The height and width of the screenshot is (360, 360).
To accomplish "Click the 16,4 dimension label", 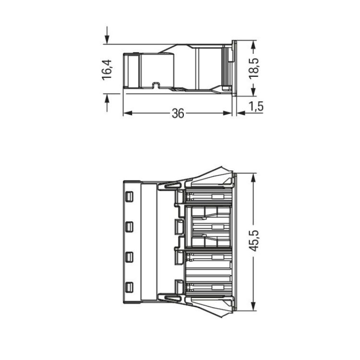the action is click(x=107, y=70).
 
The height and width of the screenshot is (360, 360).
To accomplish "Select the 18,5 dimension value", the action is click(x=254, y=69).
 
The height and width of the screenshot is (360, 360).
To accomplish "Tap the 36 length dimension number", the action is click(x=178, y=113).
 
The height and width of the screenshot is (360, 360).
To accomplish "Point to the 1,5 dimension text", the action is click(x=256, y=106).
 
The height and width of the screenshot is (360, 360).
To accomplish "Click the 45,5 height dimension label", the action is click(x=254, y=240).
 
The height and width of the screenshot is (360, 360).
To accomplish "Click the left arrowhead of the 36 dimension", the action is click(x=128, y=113).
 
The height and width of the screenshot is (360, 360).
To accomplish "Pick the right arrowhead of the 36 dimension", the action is click(x=228, y=113).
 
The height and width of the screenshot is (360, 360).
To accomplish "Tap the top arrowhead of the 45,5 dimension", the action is click(x=253, y=178).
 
